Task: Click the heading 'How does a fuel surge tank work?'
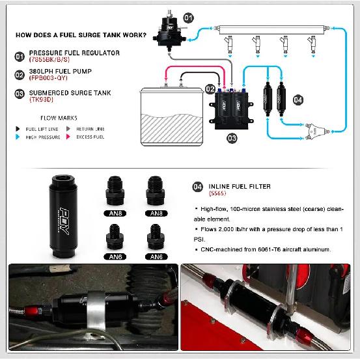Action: (x=79, y=36)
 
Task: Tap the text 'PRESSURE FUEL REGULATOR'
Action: (x=74, y=53)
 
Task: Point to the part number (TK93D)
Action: (x=42, y=100)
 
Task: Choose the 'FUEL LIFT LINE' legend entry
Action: (x=42, y=129)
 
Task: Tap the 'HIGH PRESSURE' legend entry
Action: (x=42, y=137)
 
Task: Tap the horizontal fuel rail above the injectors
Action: (x=271, y=29)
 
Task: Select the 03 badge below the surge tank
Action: (x=232, y=138)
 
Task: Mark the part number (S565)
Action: (x=217, y=194)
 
